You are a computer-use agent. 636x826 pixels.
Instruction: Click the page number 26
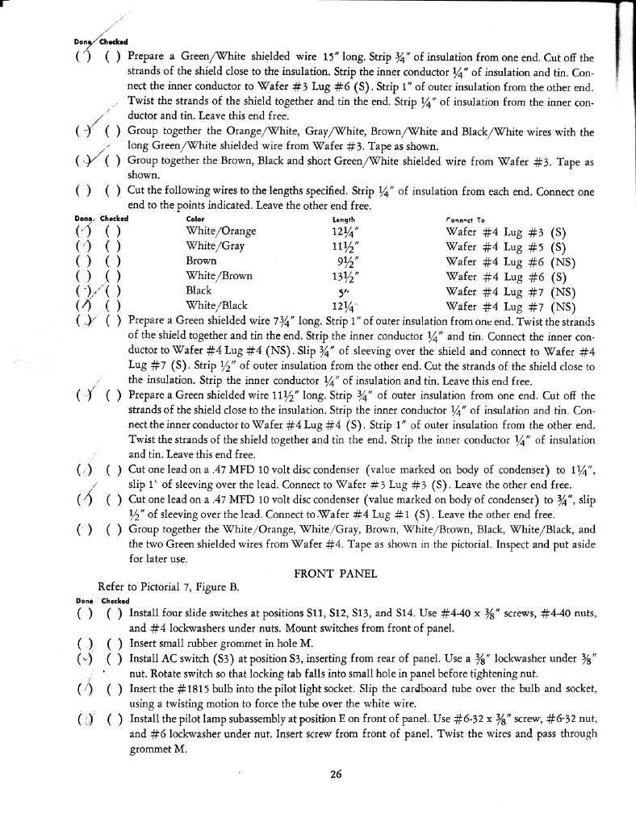337,774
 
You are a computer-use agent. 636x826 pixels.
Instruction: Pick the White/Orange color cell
220,232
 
